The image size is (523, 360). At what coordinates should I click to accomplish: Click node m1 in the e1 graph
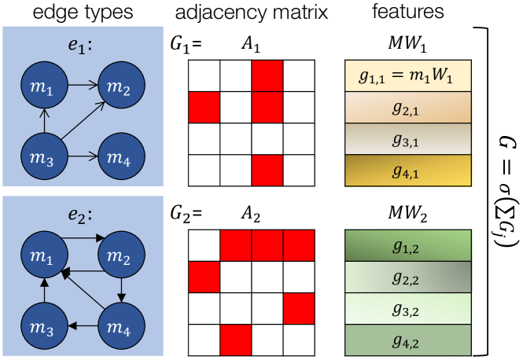tap(44, 85)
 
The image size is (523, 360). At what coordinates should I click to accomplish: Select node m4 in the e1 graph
tap(121, 156)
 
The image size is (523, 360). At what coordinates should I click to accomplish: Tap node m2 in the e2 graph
tap(121, 255)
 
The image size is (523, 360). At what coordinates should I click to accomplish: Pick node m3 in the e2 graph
tap(44, 325)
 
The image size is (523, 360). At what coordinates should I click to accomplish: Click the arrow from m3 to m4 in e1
tap(83, 156)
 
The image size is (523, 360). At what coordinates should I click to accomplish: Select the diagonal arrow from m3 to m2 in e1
tap(83, 120)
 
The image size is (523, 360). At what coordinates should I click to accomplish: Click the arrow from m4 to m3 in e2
tap(83, 325)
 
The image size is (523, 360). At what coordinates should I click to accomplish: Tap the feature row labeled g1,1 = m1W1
tap(408, 75)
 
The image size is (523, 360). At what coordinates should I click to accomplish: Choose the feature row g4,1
tap(408, 171)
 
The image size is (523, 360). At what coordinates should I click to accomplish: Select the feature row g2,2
tap(408, 277)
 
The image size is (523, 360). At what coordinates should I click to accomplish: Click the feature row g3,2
tap(408, 309)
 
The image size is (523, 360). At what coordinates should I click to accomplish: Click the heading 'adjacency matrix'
tap(252, 13)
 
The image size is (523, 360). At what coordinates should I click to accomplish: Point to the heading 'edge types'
tap(83, 13)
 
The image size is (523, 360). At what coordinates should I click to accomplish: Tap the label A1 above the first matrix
tap(251, 44)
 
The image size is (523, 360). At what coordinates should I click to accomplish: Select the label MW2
tap(407, 213)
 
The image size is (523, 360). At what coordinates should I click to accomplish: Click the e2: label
tap(80, 215)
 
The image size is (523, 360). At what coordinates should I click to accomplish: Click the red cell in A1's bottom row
tap(267, 171)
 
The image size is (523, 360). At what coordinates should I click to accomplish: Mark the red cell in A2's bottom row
tap(236, 340)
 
